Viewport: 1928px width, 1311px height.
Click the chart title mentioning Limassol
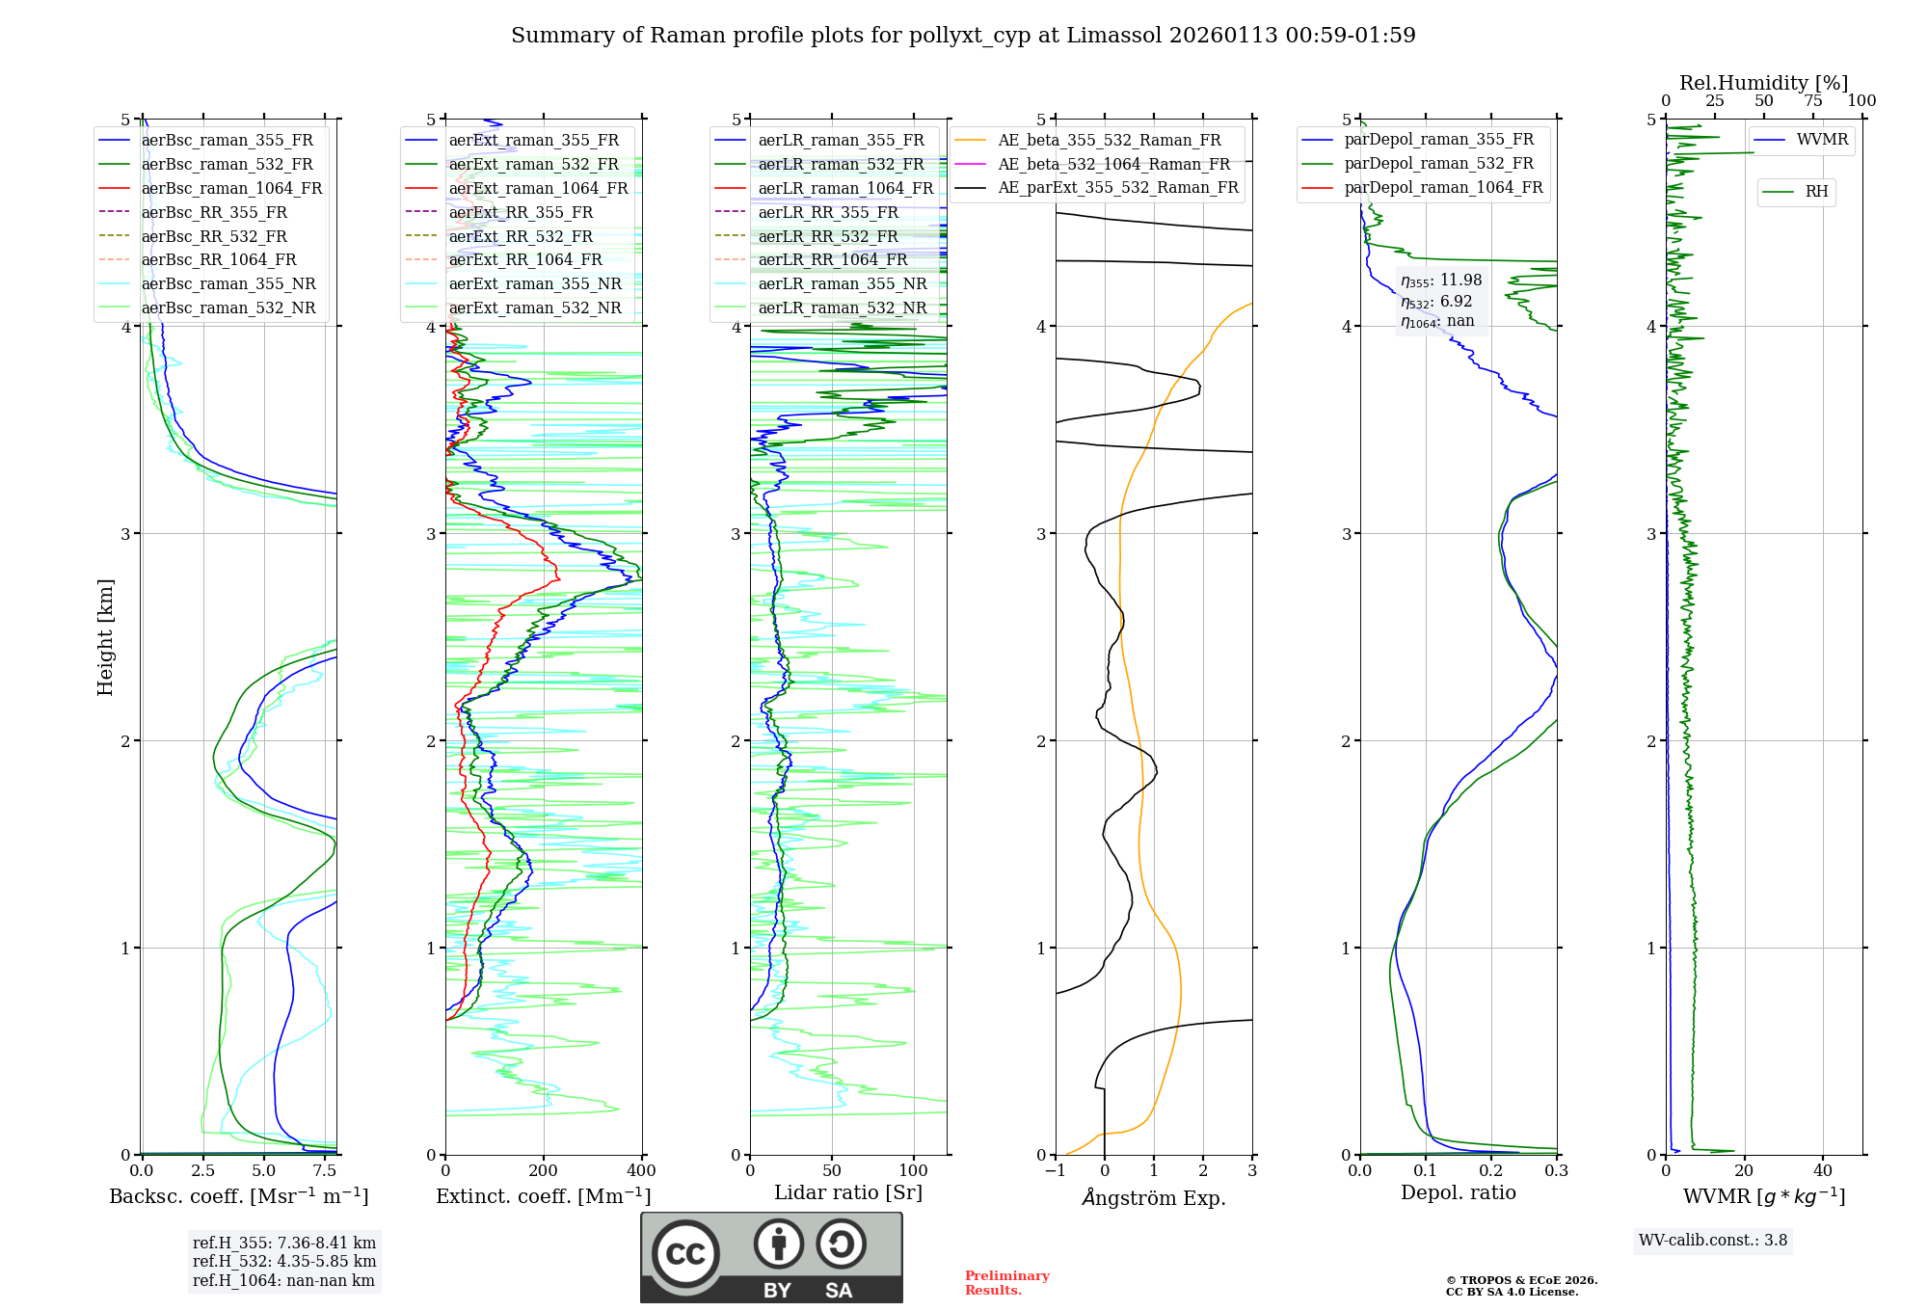(x=963, y=36)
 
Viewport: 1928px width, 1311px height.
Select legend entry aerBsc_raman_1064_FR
(x=231, y=189)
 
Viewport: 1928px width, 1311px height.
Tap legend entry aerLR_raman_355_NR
(x=842, y=284)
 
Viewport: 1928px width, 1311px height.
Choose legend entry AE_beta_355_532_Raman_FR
(x=1109, y=141)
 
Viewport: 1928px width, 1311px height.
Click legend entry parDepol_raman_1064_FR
(x=1443, y=188)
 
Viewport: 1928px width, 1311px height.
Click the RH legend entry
(x=1816, y=192)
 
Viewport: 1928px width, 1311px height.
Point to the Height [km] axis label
(x=105, y=637)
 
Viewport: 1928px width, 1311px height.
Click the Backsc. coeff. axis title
(x=238, y=1196)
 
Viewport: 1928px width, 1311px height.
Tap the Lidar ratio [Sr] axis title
(x=848, y=1192)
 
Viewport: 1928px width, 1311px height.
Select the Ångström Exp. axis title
(x=1154, y=1198)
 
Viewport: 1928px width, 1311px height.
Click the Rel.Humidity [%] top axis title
(x=1763, y=83)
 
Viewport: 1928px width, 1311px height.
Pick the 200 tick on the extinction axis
(x=544, y=1171)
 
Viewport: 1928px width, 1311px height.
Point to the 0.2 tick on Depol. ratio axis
(x=1491, y=1171)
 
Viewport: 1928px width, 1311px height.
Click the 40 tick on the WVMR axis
(x=1823, y=1171)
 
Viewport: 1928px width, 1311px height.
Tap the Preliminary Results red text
(x=1006, y=1283)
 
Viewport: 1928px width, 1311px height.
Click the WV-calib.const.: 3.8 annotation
(x=1713, y=1241)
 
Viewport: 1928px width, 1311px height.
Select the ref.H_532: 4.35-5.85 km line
(x=284, y=1262)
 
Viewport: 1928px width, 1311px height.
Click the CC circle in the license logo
(x=685, y=1254)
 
